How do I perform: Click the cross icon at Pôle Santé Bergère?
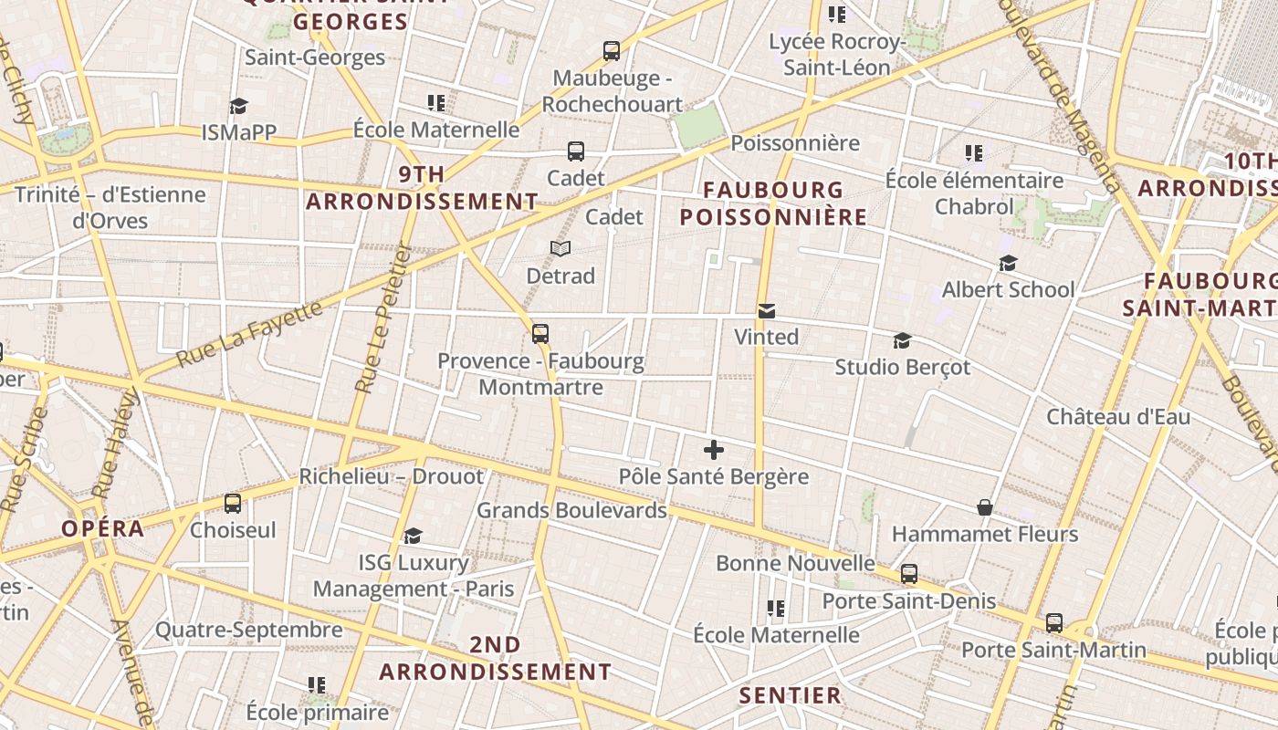tap(714, 450)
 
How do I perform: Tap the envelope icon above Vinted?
tap(767, 311)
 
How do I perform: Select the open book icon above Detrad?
tap(560, 248)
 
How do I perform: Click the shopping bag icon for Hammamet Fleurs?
tap(985, 507)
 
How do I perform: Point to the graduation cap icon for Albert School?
tap(1008, 263)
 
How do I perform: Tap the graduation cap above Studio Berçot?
tap(902, 340)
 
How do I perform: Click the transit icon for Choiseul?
tap(233, 503)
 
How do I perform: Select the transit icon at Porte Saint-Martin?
tap(1054, 623)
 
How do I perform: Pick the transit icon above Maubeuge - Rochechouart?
tap(612, 51)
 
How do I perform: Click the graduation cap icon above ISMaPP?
tap(238, 106)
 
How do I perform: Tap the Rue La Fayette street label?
tap(249, 333)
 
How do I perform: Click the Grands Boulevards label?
tap(571, 510)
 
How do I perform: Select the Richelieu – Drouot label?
tap(392, 476)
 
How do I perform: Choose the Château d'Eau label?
tap(1118, 417)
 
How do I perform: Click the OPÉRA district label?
tap(103, 528)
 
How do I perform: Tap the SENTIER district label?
tap(790, 695)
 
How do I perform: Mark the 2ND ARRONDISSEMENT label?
tap(496, 658)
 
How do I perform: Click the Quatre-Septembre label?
tap(248, 630)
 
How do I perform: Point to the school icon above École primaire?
tap(317, 684)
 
